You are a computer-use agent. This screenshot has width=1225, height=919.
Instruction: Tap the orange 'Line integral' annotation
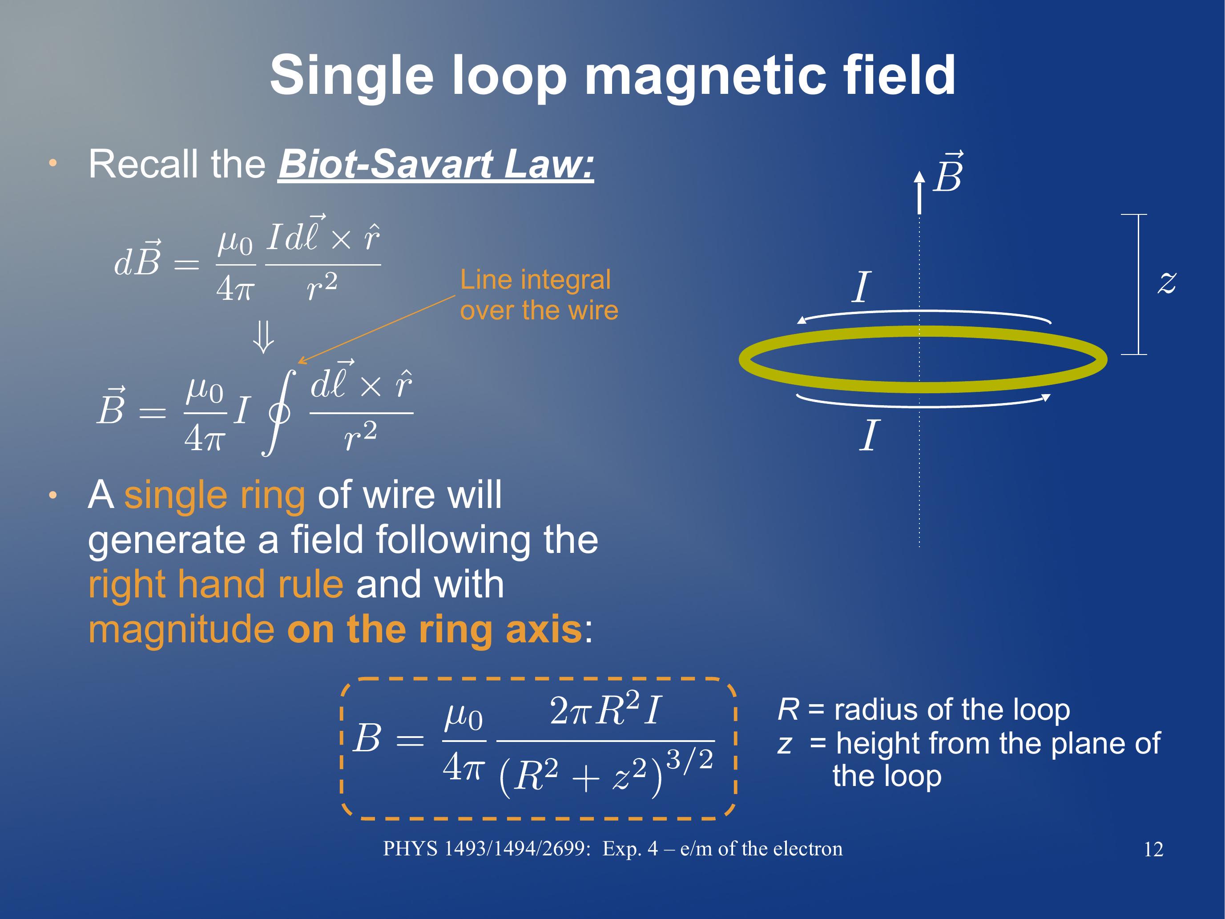point(535,280)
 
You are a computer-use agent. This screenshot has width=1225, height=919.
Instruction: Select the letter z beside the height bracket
point(1167,282)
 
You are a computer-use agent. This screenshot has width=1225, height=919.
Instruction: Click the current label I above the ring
point(861,287)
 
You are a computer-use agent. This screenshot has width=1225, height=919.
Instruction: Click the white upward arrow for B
point(919,192)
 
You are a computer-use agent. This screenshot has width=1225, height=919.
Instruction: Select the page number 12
point(1153,849)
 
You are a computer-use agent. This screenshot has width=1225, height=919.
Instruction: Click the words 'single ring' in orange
point(215,495)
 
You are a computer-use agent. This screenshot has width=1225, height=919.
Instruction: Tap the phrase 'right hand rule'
point(216,584)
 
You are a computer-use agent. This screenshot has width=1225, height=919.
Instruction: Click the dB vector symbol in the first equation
point(138,259)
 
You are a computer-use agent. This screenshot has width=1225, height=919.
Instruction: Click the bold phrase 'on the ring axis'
point(435,630)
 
